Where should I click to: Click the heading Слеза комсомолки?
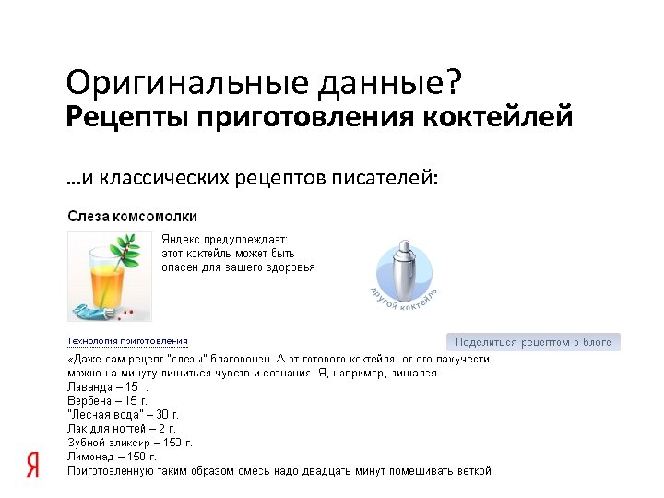click(x=132, y=216)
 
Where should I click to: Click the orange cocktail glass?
click(x=99, y=277)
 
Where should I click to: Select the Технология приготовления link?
click(x=127, y=341)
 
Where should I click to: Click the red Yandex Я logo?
click(x=33, y=466)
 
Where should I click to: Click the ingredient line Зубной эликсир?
click(x=129, y=443)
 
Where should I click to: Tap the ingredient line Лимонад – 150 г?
click(x=112, y=456)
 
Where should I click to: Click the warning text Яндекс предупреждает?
click(x=224, y=239)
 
